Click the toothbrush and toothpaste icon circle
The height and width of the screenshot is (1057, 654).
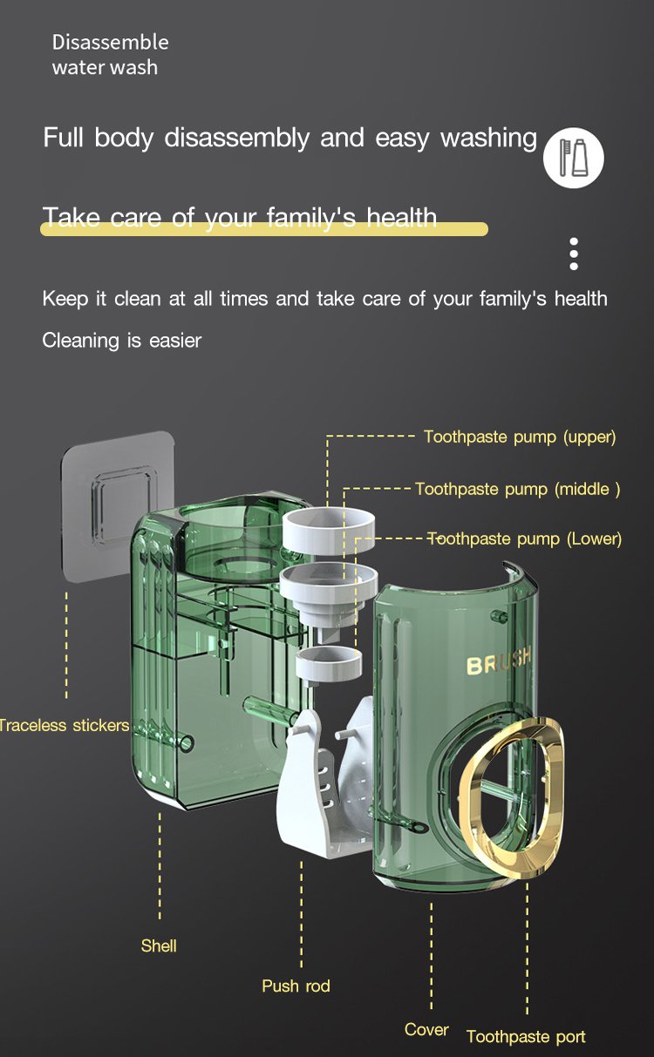point(573,158)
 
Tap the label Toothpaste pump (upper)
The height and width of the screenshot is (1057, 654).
point(520,437)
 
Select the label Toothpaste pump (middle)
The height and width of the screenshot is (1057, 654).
point(518,489)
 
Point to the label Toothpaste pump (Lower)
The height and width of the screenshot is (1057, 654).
point(524,539)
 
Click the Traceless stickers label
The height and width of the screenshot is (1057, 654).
point(65,725)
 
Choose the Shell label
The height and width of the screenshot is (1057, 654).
point(159,945)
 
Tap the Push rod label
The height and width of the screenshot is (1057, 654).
point(296,986)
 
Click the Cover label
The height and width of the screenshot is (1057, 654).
point(426,1029)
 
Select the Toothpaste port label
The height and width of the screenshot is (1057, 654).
point(526,1036)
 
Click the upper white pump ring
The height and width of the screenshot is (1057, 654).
point(329,530)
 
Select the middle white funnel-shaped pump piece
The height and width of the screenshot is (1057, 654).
point(329,595)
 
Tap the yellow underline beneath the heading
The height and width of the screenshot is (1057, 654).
point(264,229)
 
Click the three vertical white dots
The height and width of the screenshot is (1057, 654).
point(574,254)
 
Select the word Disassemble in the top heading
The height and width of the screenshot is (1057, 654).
point(111,43)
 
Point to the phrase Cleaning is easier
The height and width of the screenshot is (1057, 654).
point(122,340)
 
